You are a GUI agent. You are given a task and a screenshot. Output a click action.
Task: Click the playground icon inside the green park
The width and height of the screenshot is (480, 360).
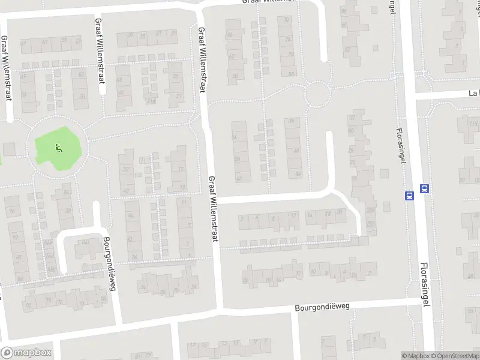coord(58,147)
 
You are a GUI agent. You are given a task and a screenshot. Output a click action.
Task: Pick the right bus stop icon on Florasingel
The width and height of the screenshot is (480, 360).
coord(425,188)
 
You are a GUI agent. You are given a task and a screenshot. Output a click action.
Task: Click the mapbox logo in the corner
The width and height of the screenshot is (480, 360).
coord(26,353)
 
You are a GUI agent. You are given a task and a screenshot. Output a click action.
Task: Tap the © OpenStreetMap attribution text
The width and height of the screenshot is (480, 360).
coord(454,356)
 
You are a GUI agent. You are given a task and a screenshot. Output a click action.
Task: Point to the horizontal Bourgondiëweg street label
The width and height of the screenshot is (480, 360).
coord(322,307)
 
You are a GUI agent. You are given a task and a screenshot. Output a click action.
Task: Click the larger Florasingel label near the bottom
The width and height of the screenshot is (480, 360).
coord(425,284)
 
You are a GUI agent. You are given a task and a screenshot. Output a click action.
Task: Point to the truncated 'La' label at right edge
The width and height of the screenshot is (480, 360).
coord(475,94)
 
